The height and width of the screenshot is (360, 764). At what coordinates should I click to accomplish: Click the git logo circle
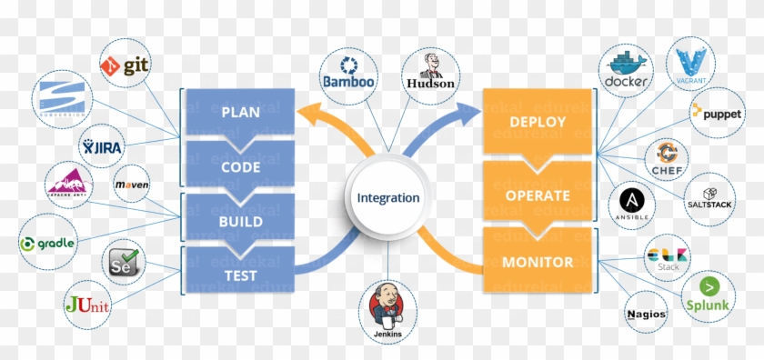pyautogui.click(x=125, y=63)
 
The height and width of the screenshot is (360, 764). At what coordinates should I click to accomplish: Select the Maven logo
pyautogui.click(x=132, y=185)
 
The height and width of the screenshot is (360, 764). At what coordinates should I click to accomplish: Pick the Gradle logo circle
pyautogui.click(x=45, y=244)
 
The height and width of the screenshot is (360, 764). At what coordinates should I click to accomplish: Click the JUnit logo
pyautogui.click(x=87, y=305)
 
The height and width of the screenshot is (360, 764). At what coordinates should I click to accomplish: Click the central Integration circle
pyautogui.click(x=388, y=197)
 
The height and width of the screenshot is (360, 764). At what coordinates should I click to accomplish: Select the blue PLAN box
pyautogui.click(x=241, y=113)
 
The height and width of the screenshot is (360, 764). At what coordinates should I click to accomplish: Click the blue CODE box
pyautogui.click(x=241, y=166)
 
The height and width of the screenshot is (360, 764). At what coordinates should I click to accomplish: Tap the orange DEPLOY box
pyautogui.click(x=538, y=121)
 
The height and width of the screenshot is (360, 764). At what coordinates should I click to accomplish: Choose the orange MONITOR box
pyautogui.click(x=538, y=262)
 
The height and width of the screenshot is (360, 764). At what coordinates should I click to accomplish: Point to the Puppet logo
pyautogui.click(x=718, y=112)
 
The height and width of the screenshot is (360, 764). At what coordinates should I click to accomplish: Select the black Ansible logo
pyautogui.click(x=631, y=205)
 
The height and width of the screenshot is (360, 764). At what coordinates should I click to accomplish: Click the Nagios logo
pyautogui.click(x=647, y=314)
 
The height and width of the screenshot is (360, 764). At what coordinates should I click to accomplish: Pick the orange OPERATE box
pyautogui.click(x=538, y=195)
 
